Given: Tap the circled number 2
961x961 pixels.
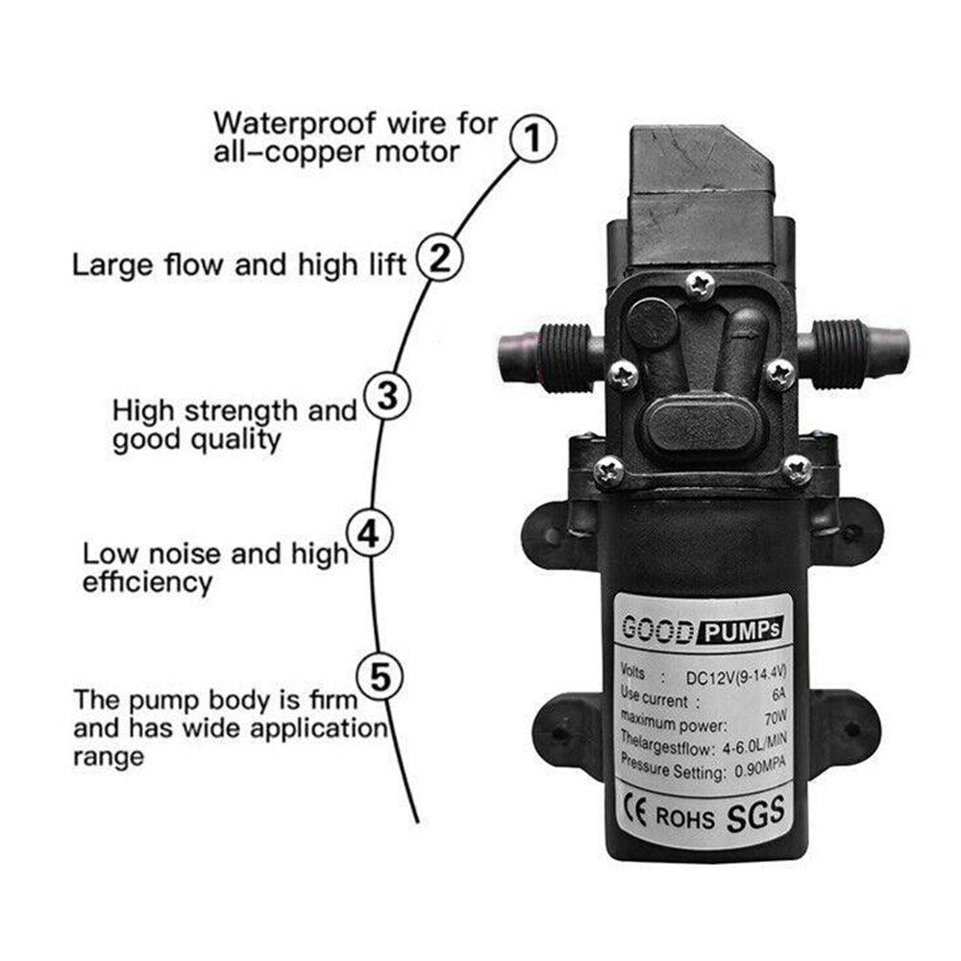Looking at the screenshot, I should [440, 260].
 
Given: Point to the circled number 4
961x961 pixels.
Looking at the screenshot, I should [368, 533].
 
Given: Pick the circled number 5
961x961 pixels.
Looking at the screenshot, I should [381, 677].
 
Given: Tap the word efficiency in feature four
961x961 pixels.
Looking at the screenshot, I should [146, 582].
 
